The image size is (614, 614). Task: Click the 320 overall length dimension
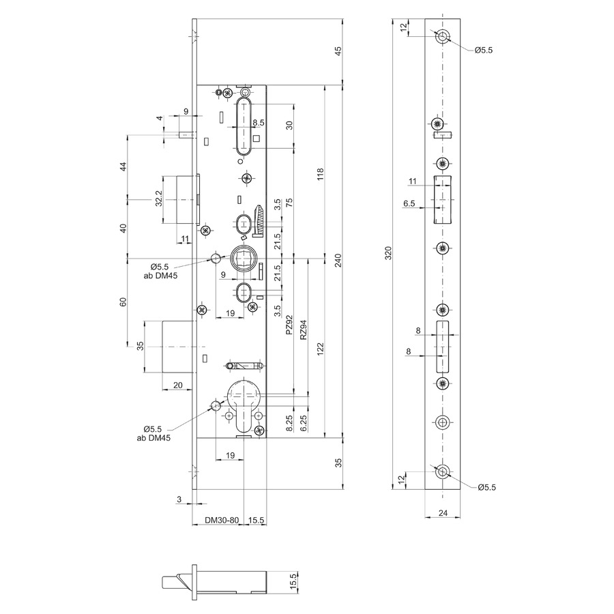[x=388, y=253]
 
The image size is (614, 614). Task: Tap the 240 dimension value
[x=338, y=261]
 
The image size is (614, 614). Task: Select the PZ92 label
[x=289, y=325]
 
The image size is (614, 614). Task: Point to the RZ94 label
[x=303, y=330]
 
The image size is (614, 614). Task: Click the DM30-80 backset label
[x=222, y=521]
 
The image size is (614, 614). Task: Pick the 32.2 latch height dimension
[x=158, y=199]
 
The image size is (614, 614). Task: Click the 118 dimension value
[x=321, y=174]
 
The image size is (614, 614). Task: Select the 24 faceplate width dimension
[x=443, y=512]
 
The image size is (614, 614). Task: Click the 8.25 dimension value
[x=289, y=423]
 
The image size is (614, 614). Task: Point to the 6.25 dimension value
[x=303, y=423]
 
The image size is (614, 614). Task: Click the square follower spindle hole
[x=243, y=258]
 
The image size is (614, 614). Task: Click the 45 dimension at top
[x=338, y=51]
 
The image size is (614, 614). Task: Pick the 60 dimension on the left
[x=123, y=302]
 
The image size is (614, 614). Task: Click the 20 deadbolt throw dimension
[x=178, y=385]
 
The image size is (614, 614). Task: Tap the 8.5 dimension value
[x=259, y=123]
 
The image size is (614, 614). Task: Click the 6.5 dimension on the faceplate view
[x=409, y=203]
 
